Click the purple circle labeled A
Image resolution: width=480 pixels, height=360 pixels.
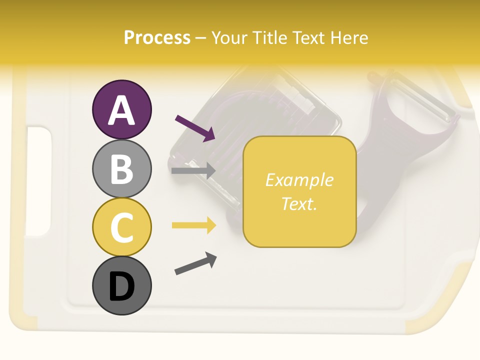coord(121,109)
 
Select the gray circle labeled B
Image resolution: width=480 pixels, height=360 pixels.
coord(121,168)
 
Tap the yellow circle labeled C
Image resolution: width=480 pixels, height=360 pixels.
coord(121,227)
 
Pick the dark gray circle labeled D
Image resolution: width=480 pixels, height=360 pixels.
coord(121,285)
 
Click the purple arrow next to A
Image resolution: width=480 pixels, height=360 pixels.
coord(195,128)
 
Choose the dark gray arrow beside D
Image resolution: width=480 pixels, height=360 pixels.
coord(195,263)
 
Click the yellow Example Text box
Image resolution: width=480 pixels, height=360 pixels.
coord(299,191)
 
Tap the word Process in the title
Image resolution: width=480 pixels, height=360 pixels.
coord(157,38)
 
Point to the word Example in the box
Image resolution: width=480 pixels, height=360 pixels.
coord(299,180)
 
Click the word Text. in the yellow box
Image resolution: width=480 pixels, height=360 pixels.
coord(299,203)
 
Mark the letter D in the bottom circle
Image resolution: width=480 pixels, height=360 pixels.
coord(121,287)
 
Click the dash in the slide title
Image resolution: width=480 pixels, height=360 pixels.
coord(200,38)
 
